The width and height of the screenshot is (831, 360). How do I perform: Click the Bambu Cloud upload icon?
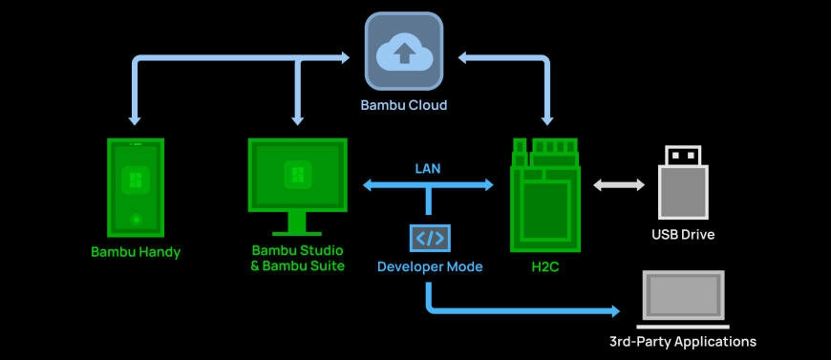404,53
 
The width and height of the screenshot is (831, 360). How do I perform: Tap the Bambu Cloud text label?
403,105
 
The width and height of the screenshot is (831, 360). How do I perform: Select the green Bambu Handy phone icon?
135,187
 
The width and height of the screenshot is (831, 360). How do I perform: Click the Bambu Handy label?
136,253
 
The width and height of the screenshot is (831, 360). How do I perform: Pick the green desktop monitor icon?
297,181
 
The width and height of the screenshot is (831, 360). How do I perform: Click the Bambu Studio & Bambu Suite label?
297,259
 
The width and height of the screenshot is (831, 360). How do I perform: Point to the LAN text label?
428,168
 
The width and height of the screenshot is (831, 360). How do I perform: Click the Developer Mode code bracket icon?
429,238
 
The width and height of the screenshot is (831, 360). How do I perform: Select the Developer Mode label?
430,267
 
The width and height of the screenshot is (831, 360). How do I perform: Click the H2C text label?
545,267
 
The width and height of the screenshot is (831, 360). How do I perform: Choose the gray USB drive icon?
682,182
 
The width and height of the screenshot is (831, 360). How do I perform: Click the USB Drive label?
683,234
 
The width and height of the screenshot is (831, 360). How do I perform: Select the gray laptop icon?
682,298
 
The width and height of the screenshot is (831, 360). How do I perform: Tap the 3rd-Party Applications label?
682,341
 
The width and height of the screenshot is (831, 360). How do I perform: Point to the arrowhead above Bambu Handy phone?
135,118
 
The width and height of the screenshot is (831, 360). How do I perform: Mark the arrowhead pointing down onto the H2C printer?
547,119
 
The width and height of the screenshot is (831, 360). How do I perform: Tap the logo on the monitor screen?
297,175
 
